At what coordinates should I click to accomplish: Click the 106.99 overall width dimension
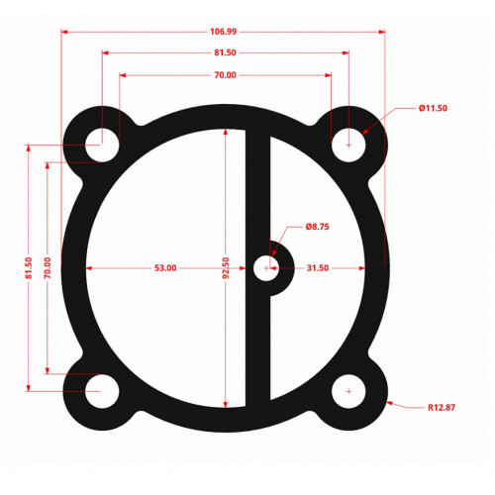(224, 32)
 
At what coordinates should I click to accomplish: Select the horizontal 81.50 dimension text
(225, 52)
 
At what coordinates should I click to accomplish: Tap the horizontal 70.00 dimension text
(225, 75)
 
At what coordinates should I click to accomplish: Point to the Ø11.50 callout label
(433, 108)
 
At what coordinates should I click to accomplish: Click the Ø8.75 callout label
(317, 227)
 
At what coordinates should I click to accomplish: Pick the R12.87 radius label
(442, 408)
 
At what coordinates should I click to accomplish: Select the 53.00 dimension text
(165, 268)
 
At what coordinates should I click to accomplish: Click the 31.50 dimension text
(318, 268)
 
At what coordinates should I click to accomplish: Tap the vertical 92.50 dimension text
(226, 268)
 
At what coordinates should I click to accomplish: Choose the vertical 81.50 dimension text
(29, 268)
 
